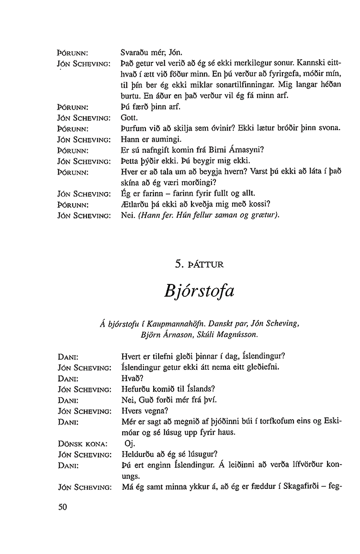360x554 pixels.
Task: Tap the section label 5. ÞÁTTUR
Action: coord(199,265)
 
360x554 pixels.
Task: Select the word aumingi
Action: coord(158,138)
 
